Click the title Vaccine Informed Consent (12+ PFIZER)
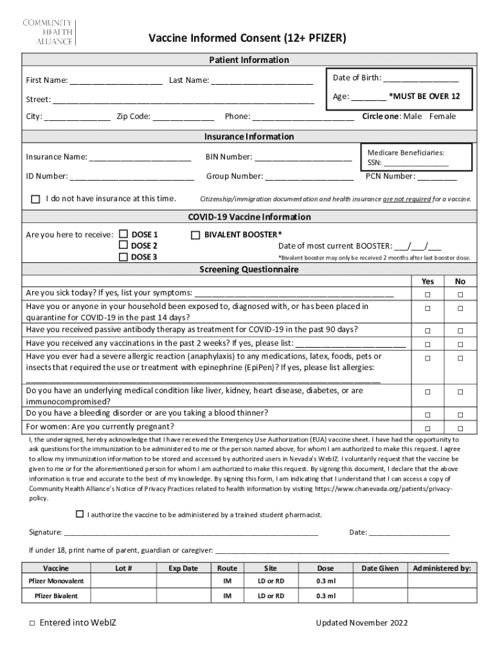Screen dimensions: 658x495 pos(248,39)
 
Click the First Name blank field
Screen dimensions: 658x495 pos(116,81)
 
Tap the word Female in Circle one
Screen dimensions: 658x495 pos(442,116)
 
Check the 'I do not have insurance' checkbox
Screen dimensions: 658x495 pos(35,199)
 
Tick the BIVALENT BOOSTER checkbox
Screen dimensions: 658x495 pos(196,235)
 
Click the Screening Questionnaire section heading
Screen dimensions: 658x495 pos(248,270)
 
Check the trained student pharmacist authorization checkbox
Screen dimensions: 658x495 pos(80,514)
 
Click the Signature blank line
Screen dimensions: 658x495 pos(190,533)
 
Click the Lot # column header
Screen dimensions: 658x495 pos(123,568)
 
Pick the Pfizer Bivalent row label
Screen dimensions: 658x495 pos(57,596)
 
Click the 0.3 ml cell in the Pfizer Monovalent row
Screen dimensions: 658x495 pos(325,581)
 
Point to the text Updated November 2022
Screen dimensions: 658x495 pos(361,623)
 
